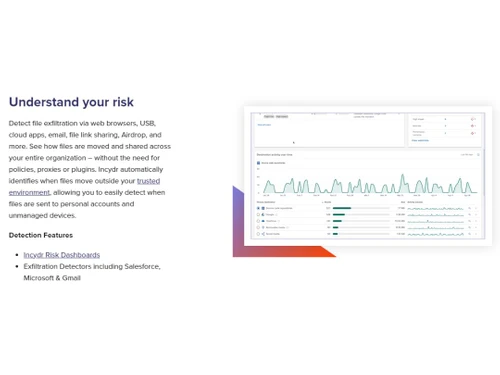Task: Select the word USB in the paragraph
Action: (x=148, y=123)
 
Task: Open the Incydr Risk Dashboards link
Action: (x=61, y=255)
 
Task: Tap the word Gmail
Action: (x=73, y=278)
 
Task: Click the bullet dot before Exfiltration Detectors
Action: (x=16, y=267)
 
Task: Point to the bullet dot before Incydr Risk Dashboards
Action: (x=16, y=255)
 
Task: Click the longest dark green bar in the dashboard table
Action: (x=342, y=209)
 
